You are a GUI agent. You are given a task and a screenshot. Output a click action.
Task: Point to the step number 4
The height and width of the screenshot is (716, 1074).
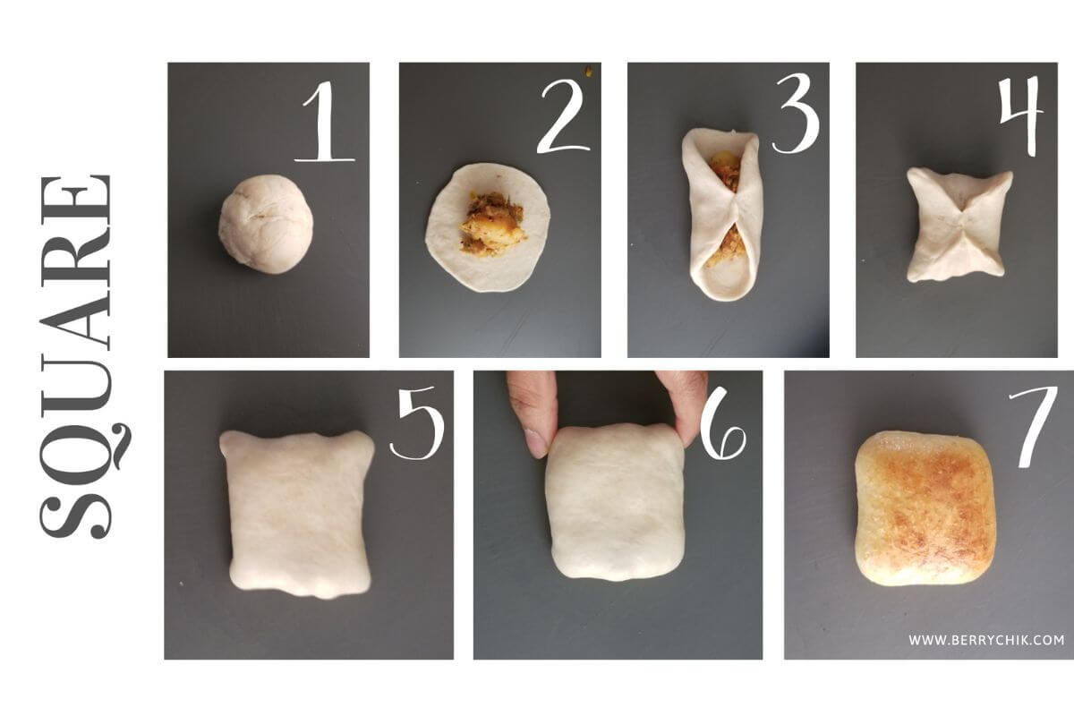pos(1021,117)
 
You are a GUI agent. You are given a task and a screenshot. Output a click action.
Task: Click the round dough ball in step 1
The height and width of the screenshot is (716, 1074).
pos(266,224)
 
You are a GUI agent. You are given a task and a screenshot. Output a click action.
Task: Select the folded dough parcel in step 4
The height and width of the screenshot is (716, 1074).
pos(959,225)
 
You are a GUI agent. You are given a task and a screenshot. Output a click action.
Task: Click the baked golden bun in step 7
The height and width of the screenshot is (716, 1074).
pos(924,507)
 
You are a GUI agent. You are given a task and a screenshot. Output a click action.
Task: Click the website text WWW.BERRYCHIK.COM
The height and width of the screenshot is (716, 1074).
pos(986,640)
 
